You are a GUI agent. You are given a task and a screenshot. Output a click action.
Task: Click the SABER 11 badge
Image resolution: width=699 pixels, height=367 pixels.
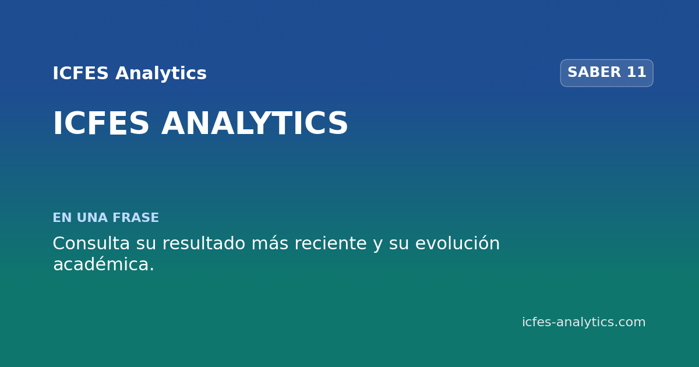606,73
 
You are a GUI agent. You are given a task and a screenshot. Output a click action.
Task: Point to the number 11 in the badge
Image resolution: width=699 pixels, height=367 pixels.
636,72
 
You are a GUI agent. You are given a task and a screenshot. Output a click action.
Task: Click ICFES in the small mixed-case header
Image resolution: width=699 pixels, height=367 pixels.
80,73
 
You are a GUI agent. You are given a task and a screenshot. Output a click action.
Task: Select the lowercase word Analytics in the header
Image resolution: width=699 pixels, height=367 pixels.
161,74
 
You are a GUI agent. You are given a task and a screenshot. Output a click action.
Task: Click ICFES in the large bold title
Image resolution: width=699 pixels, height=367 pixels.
101,123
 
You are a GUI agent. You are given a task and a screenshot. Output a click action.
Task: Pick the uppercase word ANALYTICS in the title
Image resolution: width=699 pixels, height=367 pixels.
255,123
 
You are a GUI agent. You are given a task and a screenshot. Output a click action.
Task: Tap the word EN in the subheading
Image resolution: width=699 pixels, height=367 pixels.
62,217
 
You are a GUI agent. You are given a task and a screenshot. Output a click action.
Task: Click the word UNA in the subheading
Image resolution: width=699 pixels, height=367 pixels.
92,217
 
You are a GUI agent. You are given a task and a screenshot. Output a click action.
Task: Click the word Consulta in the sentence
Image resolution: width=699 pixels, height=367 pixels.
91,243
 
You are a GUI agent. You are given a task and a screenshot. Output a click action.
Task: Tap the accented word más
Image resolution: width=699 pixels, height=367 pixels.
270,243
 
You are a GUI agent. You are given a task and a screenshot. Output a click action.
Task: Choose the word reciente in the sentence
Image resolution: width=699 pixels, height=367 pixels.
331,243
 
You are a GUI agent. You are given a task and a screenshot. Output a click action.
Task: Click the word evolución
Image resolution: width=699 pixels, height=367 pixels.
457,243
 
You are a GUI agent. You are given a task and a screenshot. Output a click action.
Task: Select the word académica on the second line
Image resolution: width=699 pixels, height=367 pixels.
104,264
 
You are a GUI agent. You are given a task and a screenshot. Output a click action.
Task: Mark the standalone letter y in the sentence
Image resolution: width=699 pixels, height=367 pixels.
378,246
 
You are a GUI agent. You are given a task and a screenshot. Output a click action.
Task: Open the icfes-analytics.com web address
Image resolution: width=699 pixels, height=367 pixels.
584,322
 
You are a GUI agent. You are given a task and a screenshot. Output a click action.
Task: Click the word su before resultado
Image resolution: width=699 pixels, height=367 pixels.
146,244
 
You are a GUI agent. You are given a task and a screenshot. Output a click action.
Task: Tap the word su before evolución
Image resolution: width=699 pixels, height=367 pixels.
399,244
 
